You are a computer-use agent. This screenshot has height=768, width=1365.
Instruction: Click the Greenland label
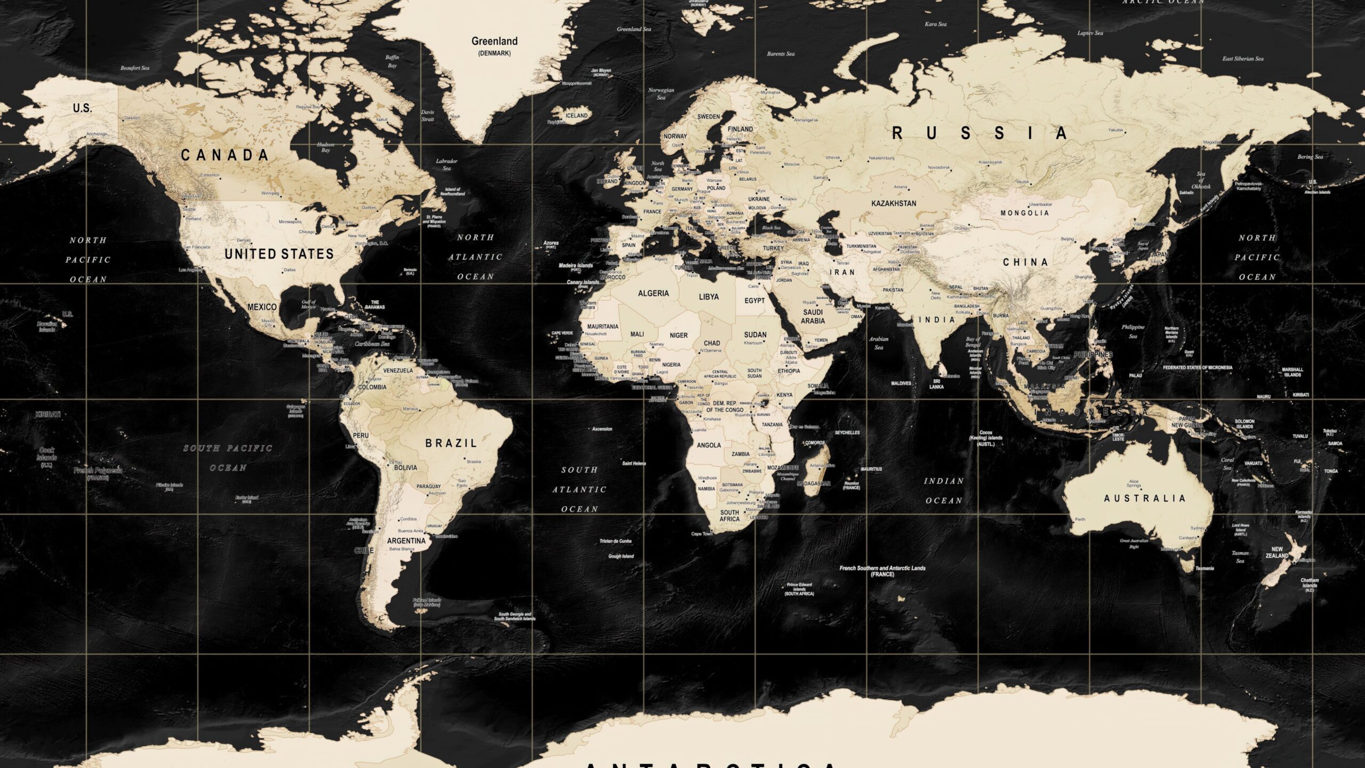[x=494, y=42]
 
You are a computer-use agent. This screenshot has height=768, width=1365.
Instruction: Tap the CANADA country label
[x=224, y=156]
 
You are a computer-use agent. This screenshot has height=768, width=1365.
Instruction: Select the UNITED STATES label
[x=279, y=254]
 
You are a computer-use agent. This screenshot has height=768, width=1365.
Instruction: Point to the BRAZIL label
[x=451, y=443]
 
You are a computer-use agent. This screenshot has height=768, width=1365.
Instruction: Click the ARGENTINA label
[x=406, y=541]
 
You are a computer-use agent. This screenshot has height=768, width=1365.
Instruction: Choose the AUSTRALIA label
[x=1144, y=499]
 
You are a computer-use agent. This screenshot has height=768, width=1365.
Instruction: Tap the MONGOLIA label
[x=1024, y=213]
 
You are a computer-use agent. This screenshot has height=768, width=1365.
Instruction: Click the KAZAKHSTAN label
[x=894, y=204]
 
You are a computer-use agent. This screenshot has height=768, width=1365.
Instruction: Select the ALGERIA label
[x=653, y=294]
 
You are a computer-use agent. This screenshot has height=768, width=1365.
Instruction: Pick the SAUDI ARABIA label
[x=813, y=317]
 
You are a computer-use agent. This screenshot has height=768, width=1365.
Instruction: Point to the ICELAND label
[x=576, y=116]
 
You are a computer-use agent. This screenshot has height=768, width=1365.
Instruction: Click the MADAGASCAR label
[x=814, y=484]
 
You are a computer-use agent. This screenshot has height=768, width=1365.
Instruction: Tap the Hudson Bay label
[x=326, y=147]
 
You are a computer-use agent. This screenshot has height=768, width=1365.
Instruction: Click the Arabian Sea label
[x=879, y=343]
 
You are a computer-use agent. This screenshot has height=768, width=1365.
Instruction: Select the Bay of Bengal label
[x=973, y=342]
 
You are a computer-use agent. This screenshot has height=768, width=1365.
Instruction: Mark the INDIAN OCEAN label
[x=944, y=491]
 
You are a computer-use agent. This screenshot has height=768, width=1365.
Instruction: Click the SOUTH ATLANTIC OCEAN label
[x=580, y=490]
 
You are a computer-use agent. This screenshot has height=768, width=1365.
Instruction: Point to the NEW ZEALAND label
[x=1277, y=553]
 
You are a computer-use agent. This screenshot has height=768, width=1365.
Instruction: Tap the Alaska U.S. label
[x=82, y=108]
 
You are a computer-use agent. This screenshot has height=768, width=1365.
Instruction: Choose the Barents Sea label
[x=781, y=54]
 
